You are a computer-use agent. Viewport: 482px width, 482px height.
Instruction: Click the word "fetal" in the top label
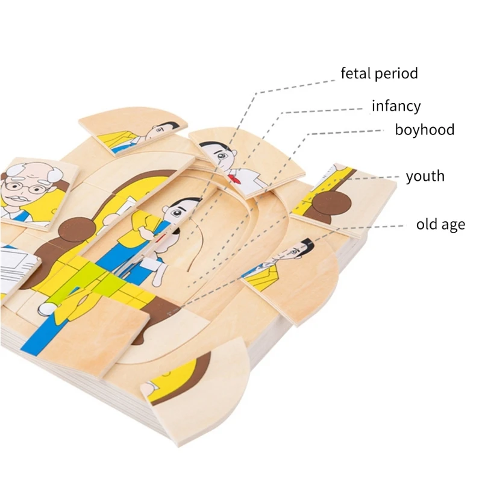click(355, 74)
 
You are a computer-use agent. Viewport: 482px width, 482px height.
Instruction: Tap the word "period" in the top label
click(396, 75)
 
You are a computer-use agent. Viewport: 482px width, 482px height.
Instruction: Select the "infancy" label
click(396, 107)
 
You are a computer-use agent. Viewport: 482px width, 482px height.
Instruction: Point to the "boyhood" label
click(424, 130)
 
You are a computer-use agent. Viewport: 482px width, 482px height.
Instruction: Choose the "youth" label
click(425, 177)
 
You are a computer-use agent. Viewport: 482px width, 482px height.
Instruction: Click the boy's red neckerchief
click(236, 176)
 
